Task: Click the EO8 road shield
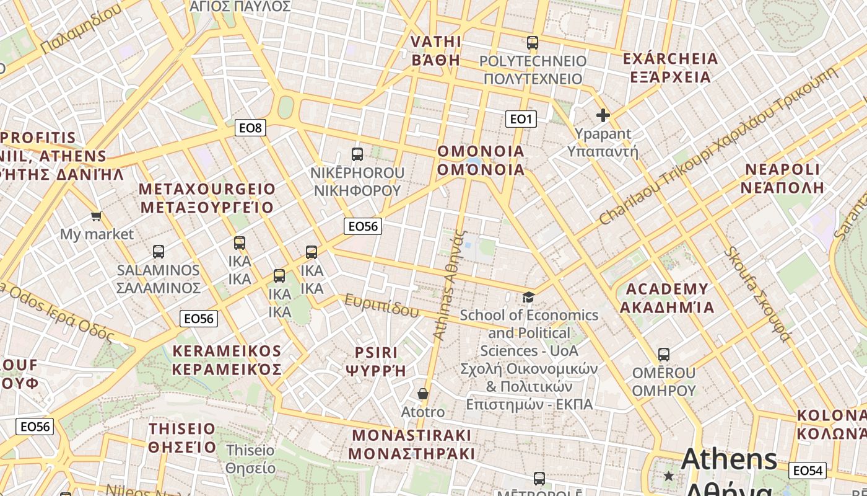[251, 128]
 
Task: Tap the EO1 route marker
[520, 118]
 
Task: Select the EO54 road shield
[808, 471]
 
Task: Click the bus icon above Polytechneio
[533, 43]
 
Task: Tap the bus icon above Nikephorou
[357, 154]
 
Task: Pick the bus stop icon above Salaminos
[159, 252]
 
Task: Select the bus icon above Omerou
[664, 355]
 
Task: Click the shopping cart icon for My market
[96, 216]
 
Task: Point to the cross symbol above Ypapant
[603, 115]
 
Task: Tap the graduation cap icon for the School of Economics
[528, 298]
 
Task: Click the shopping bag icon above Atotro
[423, 394]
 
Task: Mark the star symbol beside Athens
[669, 476]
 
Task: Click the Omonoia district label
[481, 161]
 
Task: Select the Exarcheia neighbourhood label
[670, 68]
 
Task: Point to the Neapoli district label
[783, 179]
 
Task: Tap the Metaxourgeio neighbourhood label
[207, 198]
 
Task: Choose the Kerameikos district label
[227, 360]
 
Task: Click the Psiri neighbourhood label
[376, 361]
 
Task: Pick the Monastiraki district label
[411, 444]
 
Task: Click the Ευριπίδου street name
[382, 306]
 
